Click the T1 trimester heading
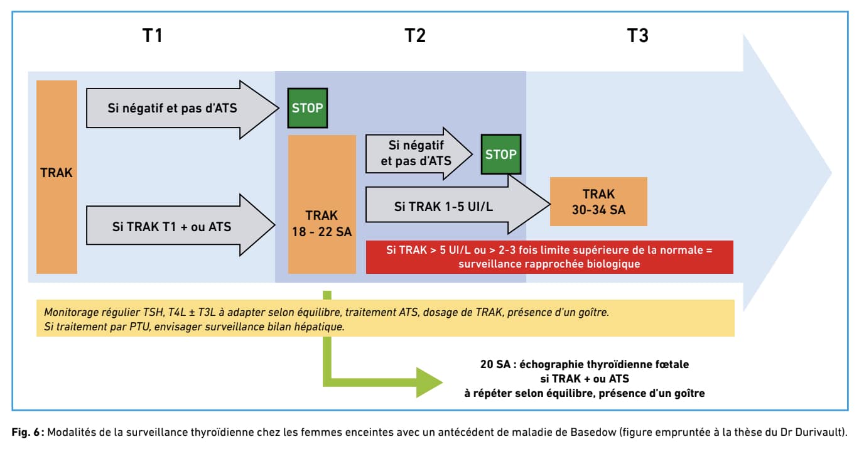pos(153,36)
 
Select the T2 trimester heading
pos(415,36)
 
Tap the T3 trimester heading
pos(638,36)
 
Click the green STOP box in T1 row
pos(308,108)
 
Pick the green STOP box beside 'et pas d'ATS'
pos(501,154)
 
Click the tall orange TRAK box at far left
pos(57,177)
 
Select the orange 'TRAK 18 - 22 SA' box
pos(322,204)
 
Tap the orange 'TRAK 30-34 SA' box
pos(598,202)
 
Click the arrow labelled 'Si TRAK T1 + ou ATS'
pos(180,225)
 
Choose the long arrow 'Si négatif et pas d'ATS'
pos(182,109)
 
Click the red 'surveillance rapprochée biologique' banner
pos(549,257)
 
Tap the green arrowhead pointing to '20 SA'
pos(429,382)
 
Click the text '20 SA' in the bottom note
pos(495,364)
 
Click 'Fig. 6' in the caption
pos(26,432)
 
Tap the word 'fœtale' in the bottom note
pos(673,364)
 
